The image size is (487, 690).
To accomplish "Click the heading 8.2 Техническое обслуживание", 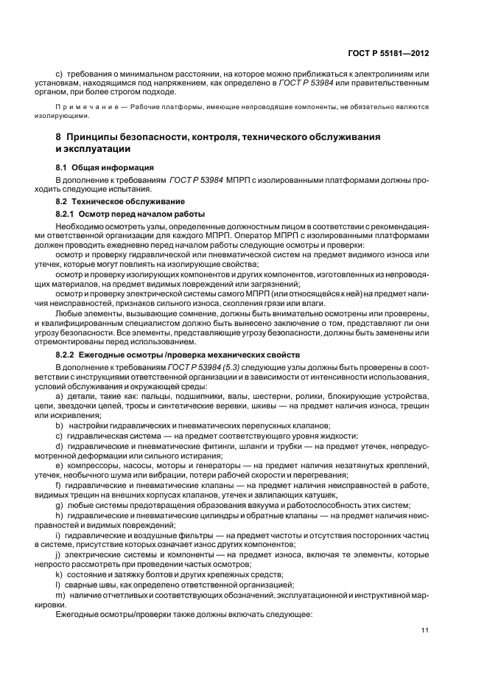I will [x=110, y=201].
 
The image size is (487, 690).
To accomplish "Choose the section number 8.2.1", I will [x=68, y=214].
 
